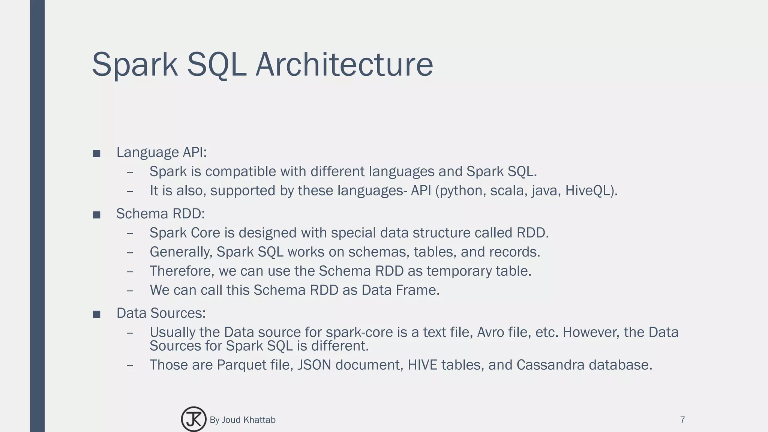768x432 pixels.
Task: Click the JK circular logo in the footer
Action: point(193,419)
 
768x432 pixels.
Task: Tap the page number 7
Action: point(682,420)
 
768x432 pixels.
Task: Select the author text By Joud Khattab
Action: point(242,420)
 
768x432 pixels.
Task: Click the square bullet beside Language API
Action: point(97,153)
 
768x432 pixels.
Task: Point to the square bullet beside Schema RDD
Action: point(97,215)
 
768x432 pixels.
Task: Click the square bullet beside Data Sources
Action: point(97,314)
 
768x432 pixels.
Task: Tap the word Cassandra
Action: point(550,364)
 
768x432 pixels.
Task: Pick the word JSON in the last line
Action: point(314,364)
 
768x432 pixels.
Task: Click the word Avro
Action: point(489,332)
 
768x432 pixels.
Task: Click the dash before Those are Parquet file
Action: point(130,365)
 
